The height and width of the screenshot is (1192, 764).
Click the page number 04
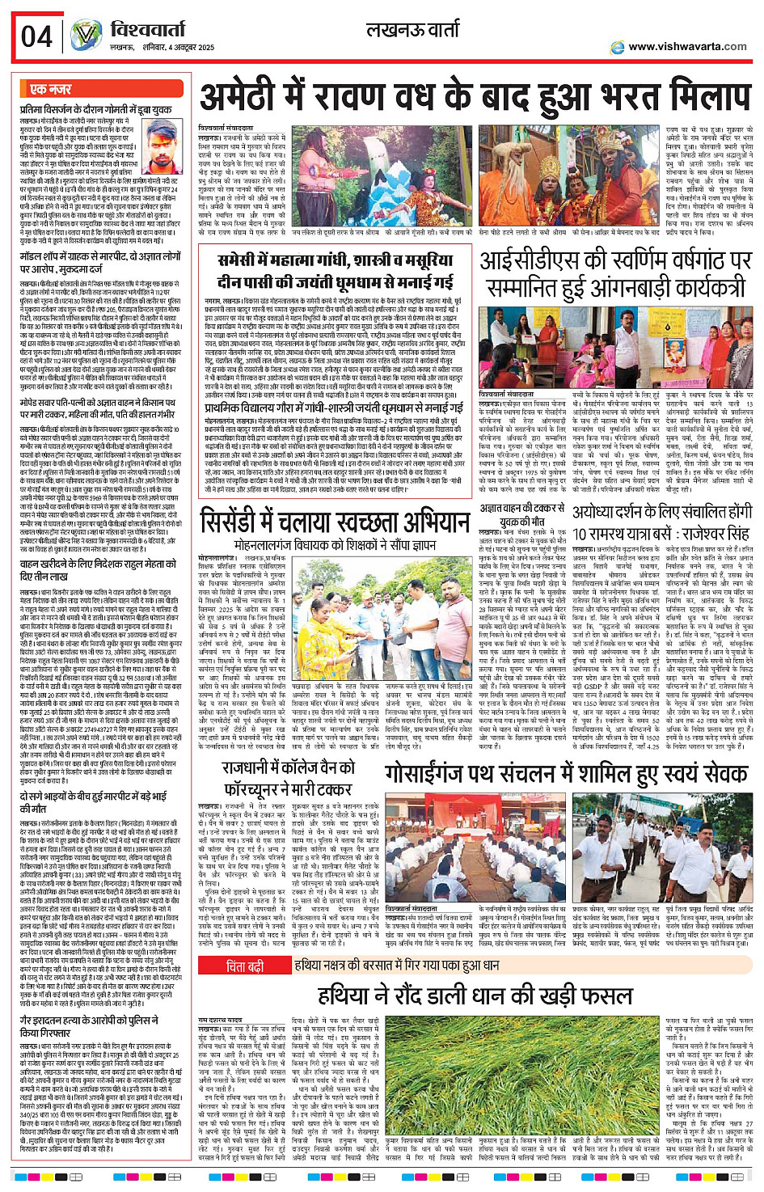pyautogui.click(x=37, y=36)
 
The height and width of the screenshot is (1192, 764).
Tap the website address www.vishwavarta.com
pyautogui.click(x=687, y=47)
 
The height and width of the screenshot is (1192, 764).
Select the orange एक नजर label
pyautogui.click(x=50, y=89)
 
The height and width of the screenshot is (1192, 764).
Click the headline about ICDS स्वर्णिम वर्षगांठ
pyautogui.click(x=616, y=274)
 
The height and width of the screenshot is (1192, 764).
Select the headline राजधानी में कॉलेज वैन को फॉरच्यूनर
pyautogui.click(x=290, y=775)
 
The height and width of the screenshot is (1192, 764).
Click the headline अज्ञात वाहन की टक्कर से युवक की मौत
pyautogui.click(x=522, y=515)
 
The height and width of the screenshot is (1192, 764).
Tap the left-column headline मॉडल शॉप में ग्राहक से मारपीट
pyautogui.click(x=100, y=262)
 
